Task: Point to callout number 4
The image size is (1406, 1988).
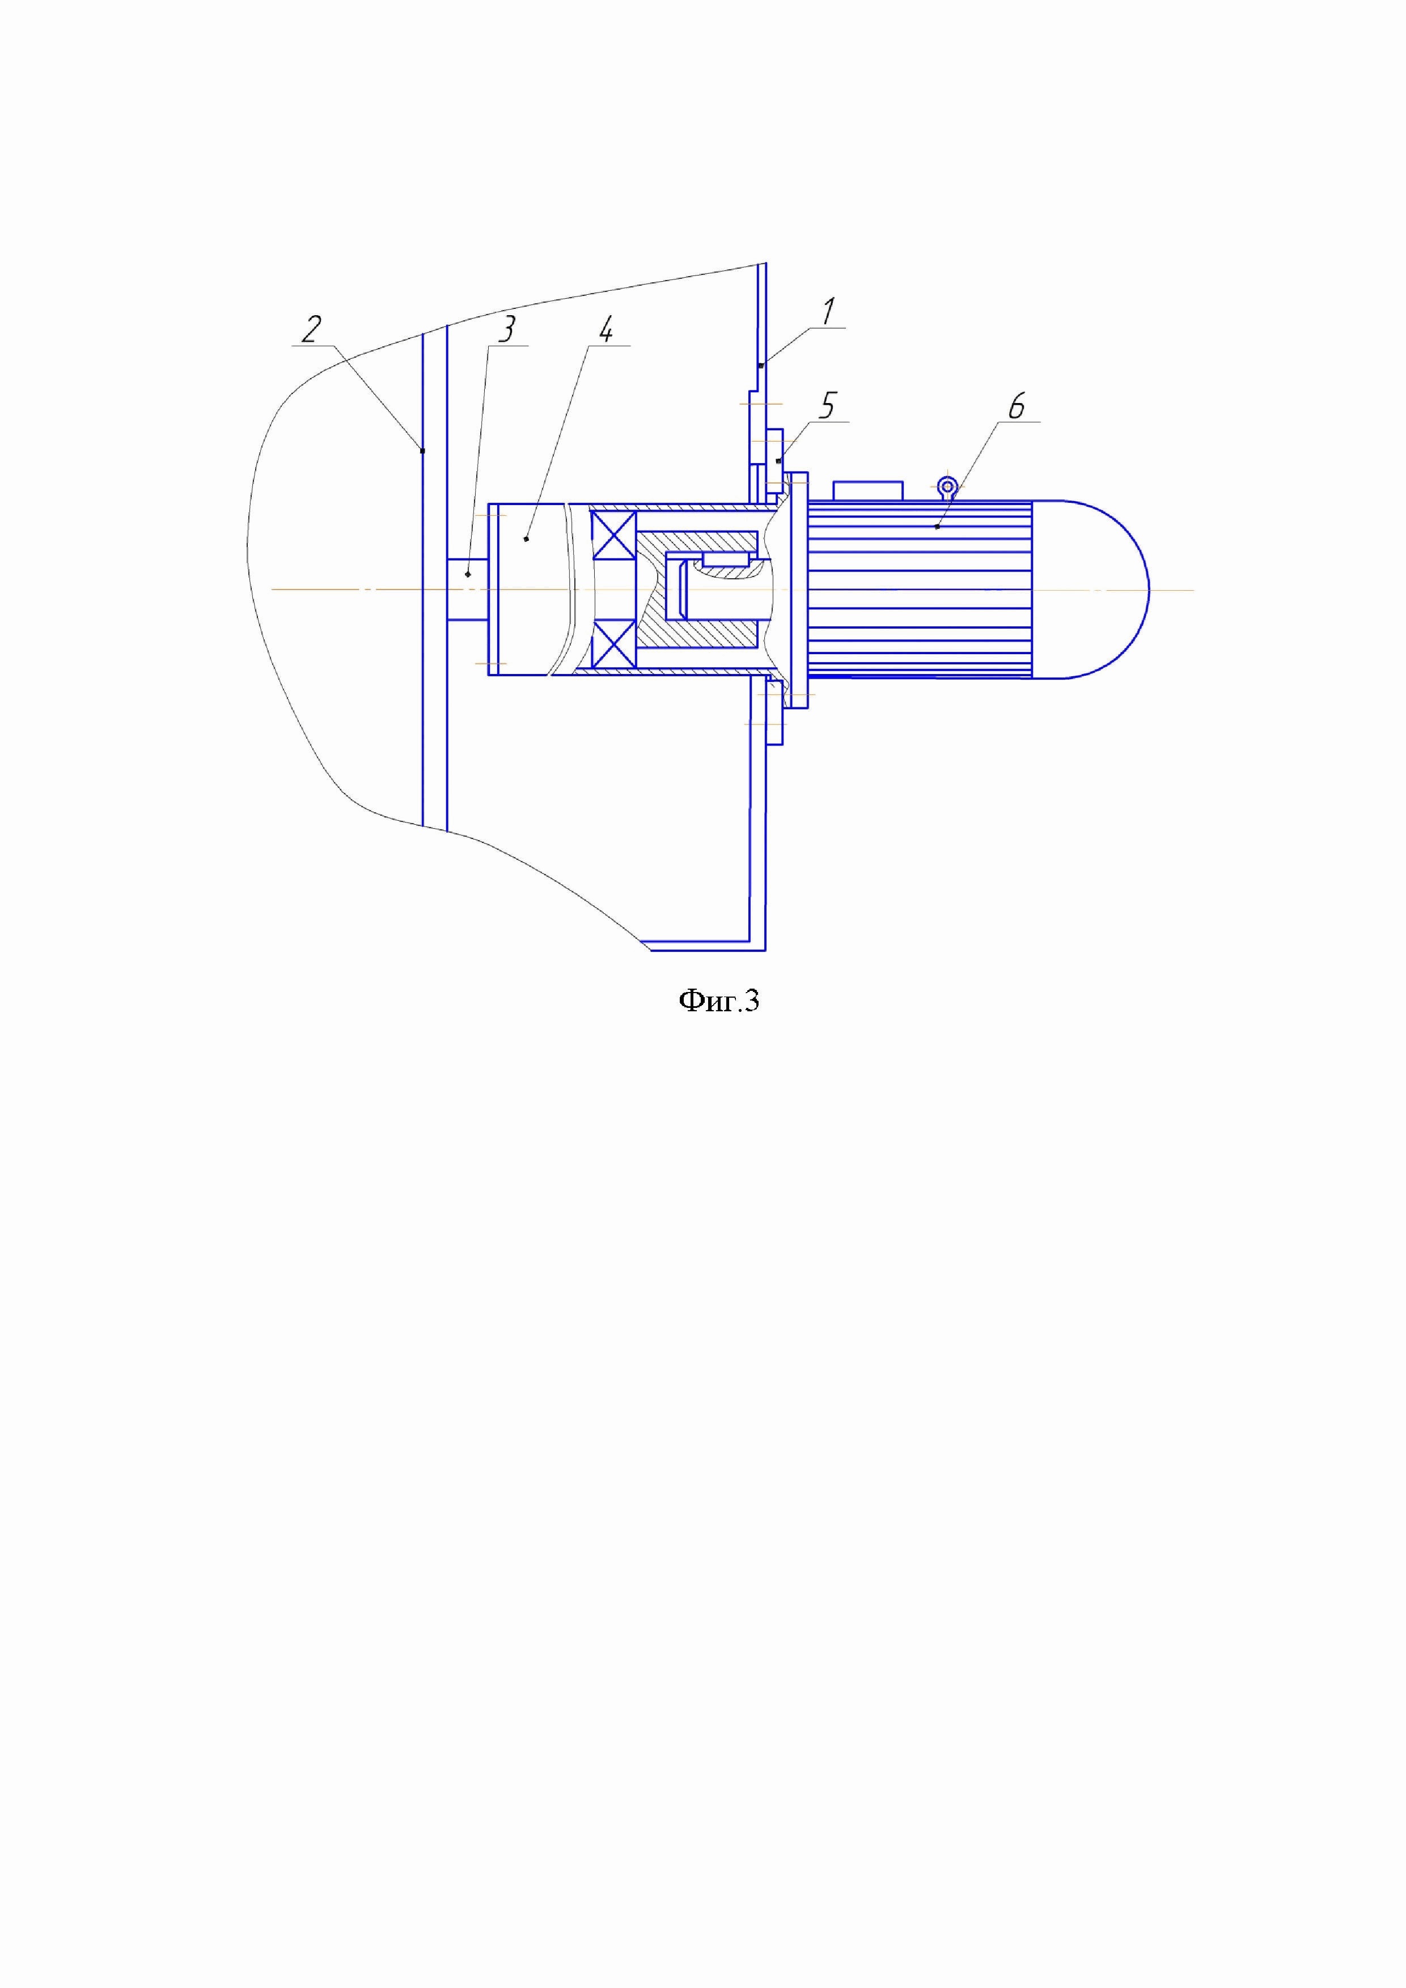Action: (607, 330)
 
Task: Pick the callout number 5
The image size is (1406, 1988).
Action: (828, 406)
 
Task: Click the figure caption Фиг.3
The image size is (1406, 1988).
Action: (718, 1001)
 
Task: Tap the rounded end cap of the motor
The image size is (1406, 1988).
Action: (1091, 589)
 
